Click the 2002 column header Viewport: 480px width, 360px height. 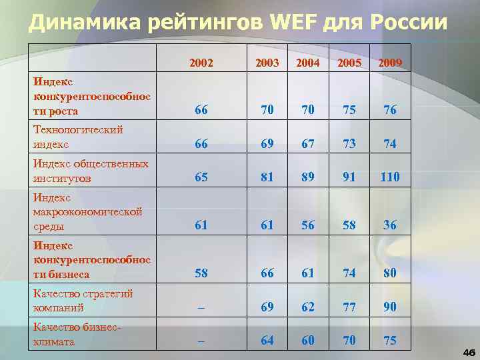point(201,63)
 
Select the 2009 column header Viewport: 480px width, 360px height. point(390,63)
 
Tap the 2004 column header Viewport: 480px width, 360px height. point(308,63)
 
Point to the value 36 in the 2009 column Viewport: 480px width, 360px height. point(390,225)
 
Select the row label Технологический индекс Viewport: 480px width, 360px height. point(77,137)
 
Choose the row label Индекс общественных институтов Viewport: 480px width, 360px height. point(90,171)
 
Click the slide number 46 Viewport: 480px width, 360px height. point(468,351)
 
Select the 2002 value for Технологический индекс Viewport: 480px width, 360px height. point(201,144)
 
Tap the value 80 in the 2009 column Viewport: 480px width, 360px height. point(390,273)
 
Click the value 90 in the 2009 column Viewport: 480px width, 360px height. point(390,307)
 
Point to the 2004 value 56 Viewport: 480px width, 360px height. point(308,225)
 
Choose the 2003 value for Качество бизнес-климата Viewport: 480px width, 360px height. point(267,341)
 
